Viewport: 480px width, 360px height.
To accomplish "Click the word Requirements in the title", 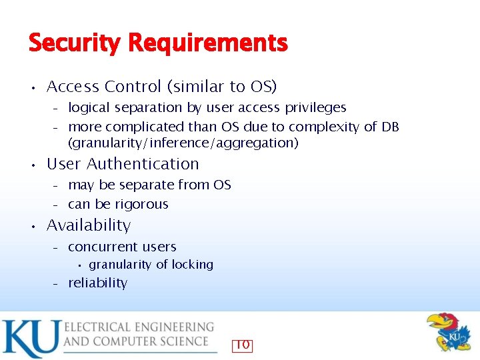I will pyautogui.click(x=208, y=44).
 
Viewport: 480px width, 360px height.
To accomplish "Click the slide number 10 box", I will pyautogui.click(x=243, y=345).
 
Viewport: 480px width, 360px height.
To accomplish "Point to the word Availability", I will pyautogui.click(x=89, y=225).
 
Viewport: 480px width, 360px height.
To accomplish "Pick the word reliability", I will pyautogui.click(x=97, y=283).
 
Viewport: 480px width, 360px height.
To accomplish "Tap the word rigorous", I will pyautogui.click(x=141, y=204).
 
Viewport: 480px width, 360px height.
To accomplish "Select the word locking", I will pyautogui.click(x=192, y=265).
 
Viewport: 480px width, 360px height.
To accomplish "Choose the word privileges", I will pyautogui.click(x=313, y=107).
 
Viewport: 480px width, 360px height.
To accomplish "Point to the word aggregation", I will pyautogui.click(x=258, y=143).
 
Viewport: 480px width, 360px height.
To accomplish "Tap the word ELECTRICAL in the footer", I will pyautogui.click(x=102, y=327).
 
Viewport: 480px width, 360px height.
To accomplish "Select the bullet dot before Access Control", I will pyautogui.click(x=32, y=87).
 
